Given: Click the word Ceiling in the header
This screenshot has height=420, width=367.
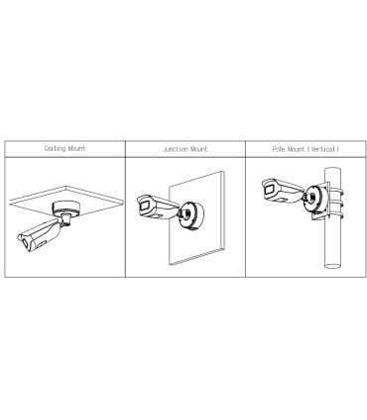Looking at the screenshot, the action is point(55,149).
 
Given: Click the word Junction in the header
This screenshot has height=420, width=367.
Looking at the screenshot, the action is point(174,149).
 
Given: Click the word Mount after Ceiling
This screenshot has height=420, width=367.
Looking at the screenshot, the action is point(76,149).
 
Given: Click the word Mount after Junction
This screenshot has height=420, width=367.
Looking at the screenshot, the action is point(197,149).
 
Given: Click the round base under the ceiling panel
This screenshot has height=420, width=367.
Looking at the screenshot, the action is point(66,208).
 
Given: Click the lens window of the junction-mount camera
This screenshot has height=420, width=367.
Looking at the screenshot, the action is point(145,206).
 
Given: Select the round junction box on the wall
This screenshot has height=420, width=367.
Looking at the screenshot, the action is point(191,215).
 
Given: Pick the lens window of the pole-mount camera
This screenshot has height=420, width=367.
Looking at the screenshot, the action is point(270,190).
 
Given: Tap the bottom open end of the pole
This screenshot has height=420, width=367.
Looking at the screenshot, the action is point(332,266).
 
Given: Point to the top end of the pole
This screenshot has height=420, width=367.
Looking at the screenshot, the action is point(332,170).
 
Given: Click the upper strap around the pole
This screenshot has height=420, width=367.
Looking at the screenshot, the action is point(334,192).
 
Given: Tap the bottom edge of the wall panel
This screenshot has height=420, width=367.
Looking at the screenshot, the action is point(196,256).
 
